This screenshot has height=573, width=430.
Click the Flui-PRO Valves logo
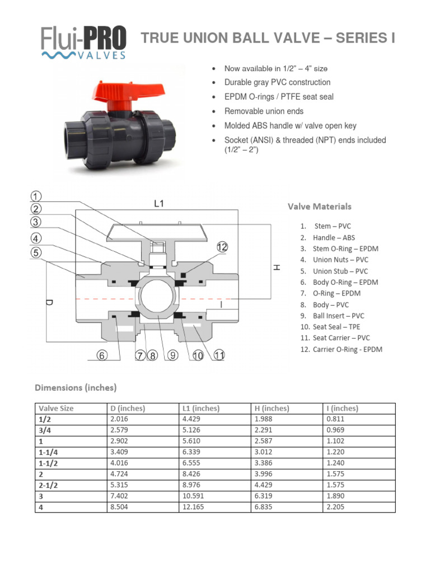83,42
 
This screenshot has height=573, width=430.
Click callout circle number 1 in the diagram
36,196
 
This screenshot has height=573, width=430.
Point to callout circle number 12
223,247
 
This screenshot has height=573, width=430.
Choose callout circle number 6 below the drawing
102,356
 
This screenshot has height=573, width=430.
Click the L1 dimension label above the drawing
159,204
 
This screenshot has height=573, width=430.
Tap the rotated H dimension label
275,268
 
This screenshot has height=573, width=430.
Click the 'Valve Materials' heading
320,206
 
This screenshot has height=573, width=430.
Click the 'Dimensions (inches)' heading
76,387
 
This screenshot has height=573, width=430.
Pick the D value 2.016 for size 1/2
120,420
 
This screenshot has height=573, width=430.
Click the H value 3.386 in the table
265,463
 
